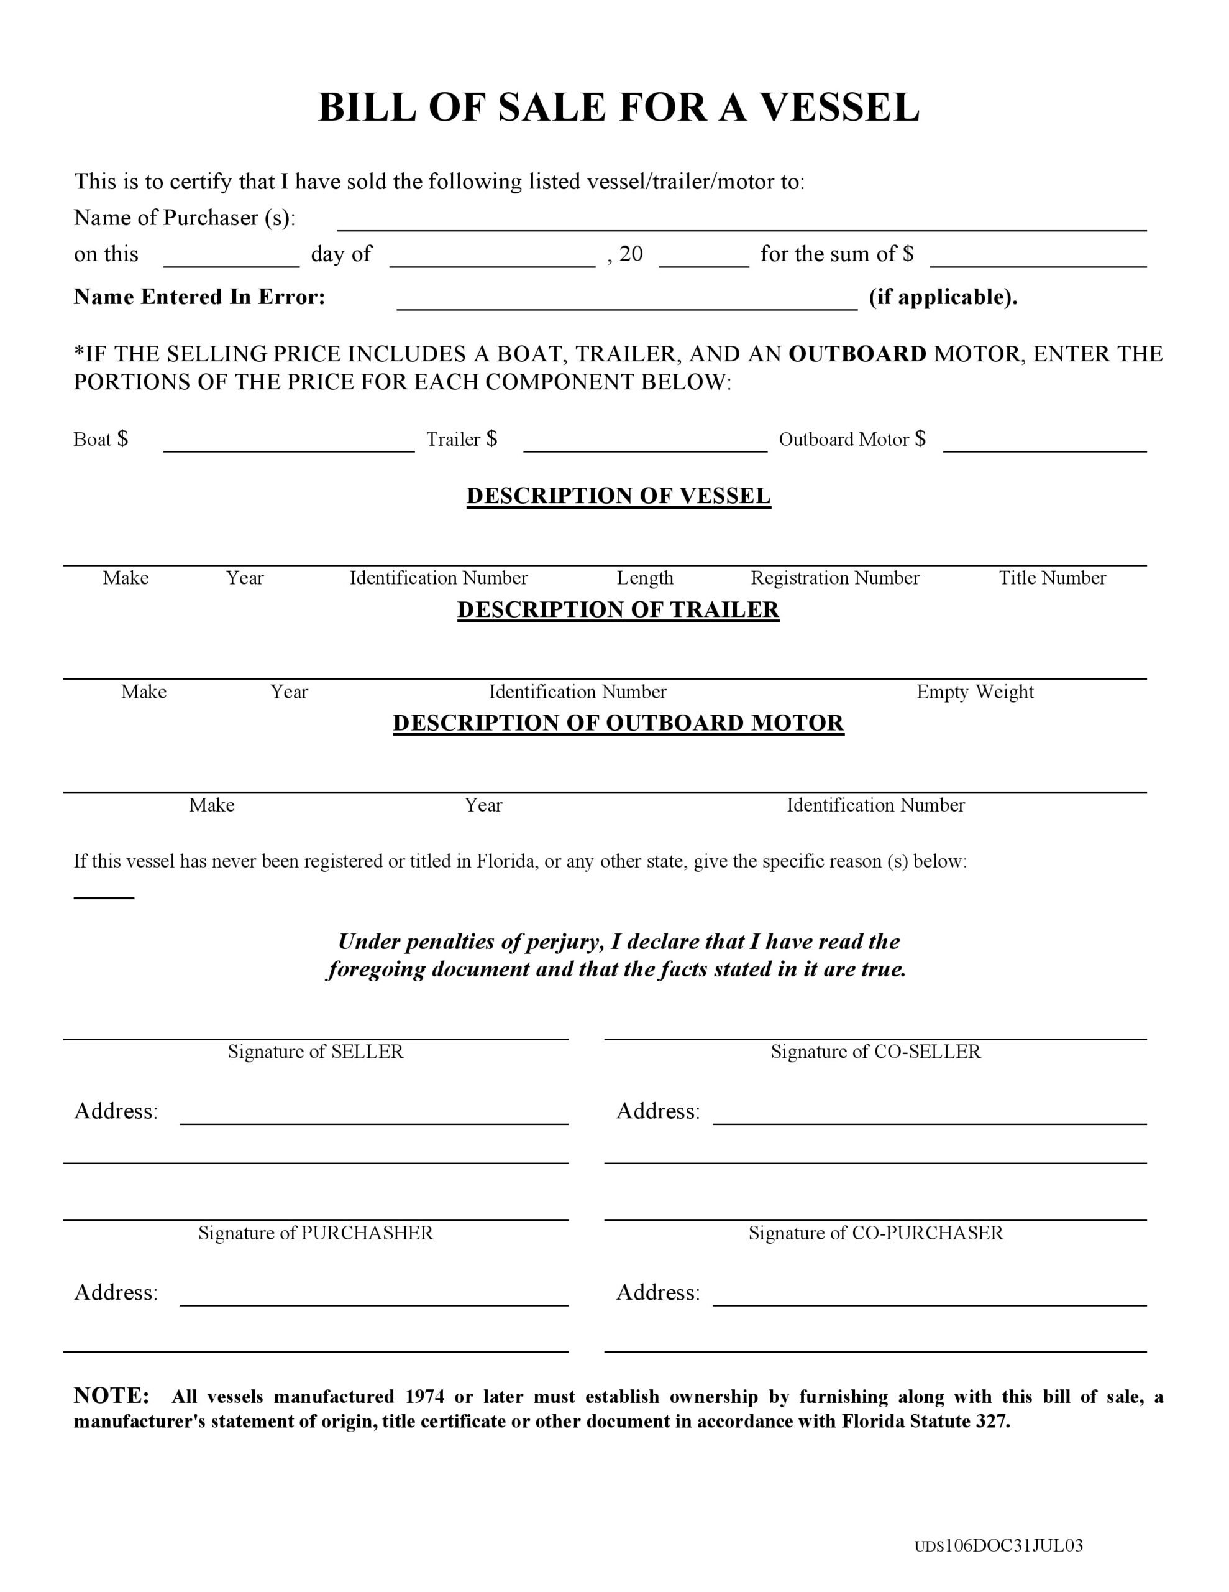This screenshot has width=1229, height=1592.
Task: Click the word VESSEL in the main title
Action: point(840,108)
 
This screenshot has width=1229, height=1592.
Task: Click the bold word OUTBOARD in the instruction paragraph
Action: point(857,354)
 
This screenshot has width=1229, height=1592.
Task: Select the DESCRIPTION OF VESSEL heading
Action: point(618,496)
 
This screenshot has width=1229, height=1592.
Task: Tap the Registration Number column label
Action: point(835,578)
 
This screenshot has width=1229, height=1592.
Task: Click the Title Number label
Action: point(1052,578)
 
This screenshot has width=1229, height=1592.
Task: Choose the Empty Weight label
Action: point(975,692)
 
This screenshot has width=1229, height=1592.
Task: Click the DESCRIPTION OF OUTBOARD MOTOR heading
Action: point(618,723)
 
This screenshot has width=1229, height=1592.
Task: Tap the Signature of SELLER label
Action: point(316,1051)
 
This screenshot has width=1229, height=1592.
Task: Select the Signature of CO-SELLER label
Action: point(875,1051)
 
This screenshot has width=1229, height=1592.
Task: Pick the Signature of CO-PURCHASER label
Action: point(875,1233)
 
